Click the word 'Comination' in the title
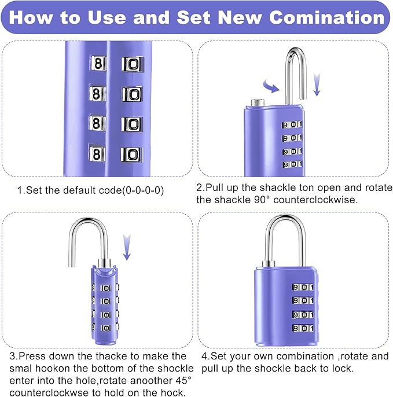327,17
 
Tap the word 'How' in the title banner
31,17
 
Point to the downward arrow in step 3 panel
127,247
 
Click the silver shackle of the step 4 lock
286,237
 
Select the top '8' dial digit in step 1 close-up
98,63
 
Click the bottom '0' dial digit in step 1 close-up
132,154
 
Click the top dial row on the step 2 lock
292,124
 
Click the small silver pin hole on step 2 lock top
256,103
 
